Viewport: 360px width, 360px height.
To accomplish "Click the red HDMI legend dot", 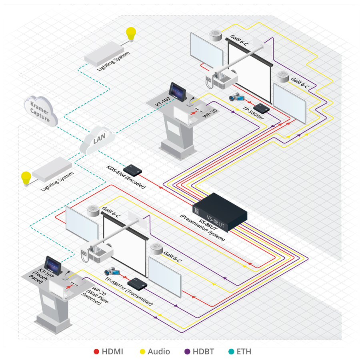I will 96,352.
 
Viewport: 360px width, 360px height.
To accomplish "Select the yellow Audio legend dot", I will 142,352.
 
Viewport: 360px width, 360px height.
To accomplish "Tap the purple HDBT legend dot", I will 186,352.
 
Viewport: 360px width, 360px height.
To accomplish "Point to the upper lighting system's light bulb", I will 131,33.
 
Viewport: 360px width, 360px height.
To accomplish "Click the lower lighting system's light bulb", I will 26,177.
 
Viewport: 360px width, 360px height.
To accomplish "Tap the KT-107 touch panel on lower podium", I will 52,264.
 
